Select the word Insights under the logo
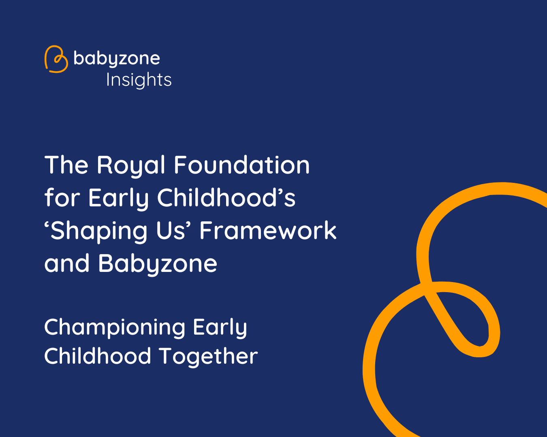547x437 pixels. [139, 80]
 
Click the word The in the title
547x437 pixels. [66, 165]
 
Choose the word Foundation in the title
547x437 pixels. [242, 165]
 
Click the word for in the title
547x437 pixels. [62, 197]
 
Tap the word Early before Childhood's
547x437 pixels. [118, 199]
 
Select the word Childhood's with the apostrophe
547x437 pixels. [226, 197]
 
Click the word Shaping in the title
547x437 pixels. [96, 231]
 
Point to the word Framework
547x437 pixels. [268, 230]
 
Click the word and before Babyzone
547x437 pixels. [67, 263]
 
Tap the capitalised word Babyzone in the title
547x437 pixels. [158, 264]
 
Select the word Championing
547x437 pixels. [115, 328]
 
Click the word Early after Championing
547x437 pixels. [220, 328]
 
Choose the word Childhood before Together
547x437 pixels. [98, 356]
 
